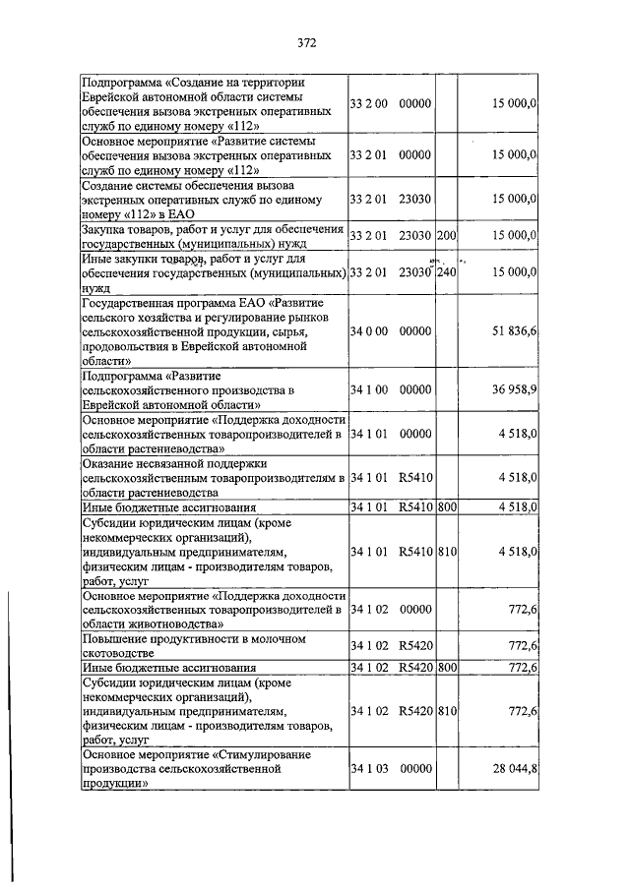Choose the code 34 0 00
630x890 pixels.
click(369, 334)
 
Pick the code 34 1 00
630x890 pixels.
click(369, 390)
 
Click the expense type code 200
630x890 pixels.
click(448, 235)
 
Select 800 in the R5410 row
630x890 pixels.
click(448, 507)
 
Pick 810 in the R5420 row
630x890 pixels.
click(448, 710)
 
